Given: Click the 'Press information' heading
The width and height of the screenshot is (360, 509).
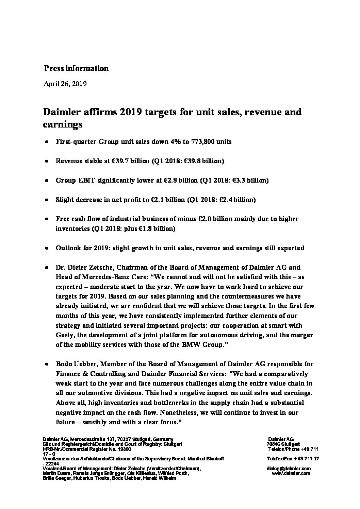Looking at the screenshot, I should tap(76, 68).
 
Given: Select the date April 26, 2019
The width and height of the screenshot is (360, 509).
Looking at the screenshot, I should tap(65, 84).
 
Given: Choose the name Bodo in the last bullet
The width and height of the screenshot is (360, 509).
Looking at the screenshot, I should tap(64, 364).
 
